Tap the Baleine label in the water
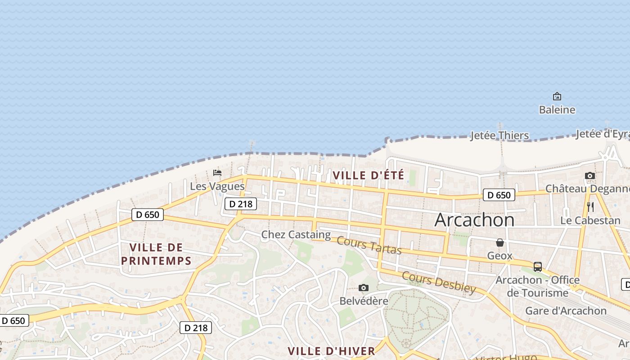pyautogui.click(x=557, y=109)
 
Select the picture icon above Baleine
pyautogui.click(x=557, y=96)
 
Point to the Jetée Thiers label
pyautogui.click(x=499, y=135)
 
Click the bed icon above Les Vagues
pyautogui.click(x=217, y=172)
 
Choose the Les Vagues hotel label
pyautogui.click(x=217, y=186)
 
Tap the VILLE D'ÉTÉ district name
pyautogui.click(x=368, y=175)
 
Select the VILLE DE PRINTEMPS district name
pyautogui.click(x=156, y=254)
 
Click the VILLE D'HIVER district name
pyautogui.click(x=331, y=351)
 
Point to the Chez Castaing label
pyautogui.click(x=296, y=234)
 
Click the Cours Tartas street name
pyautogui.click(x=369, y=245)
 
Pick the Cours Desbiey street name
pyautogui.click(x=438, y=282)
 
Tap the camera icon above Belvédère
pyautogui.click(x=364, y=288)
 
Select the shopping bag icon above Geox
pyautogui.click(x=500, y=243)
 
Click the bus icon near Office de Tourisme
pyautogui.click(x=537, y=266)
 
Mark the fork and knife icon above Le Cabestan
pyautogui.click(x=590, y=207)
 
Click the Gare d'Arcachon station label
pyautogui.click(x=566, y=310)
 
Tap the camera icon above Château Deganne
pyautogui.click(x=589, y=175)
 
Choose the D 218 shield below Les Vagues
pyautogui.click(x=240, y=204)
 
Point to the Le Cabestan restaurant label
pyautogui.click(x=590, y=220)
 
